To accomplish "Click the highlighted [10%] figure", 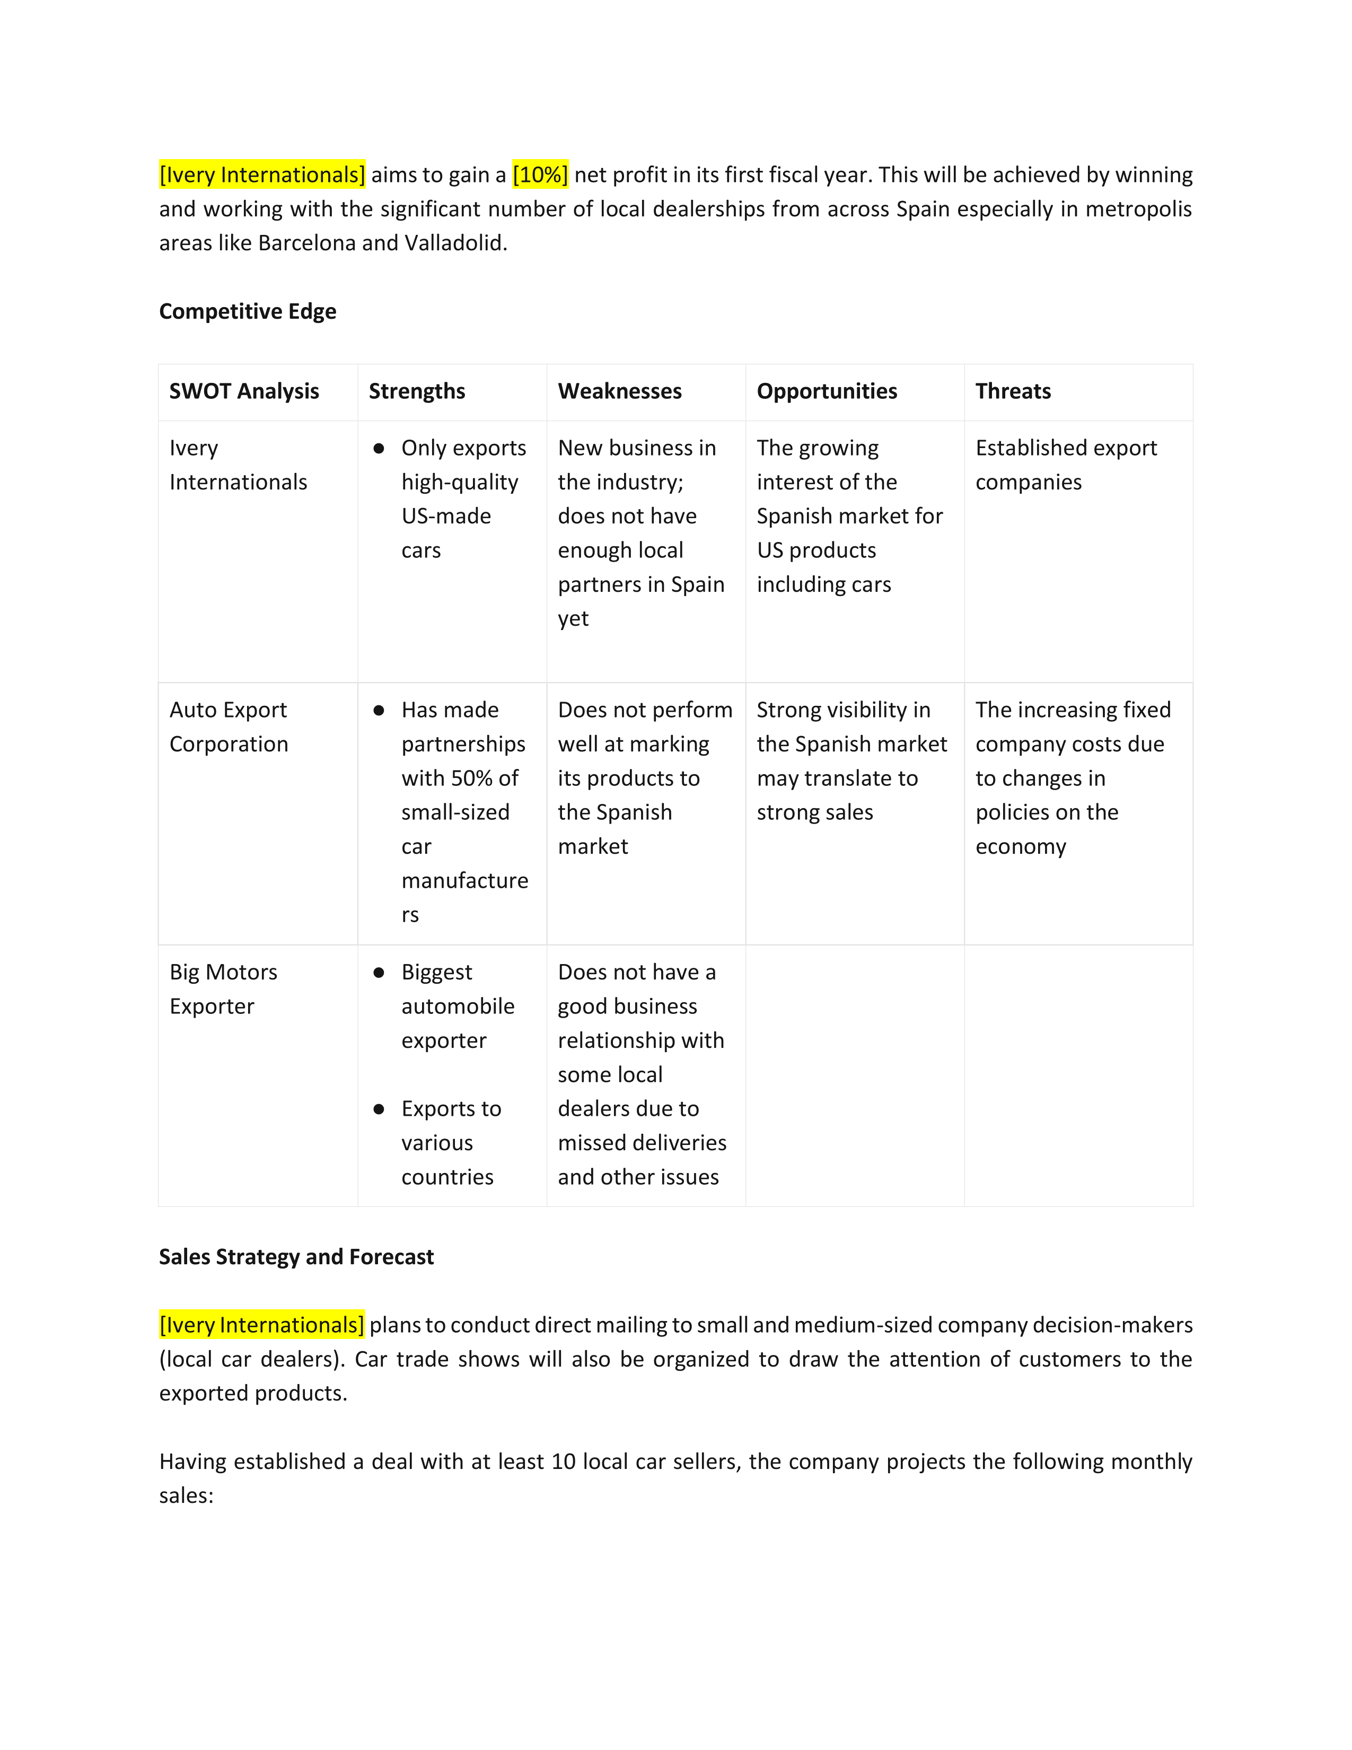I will (540, 174).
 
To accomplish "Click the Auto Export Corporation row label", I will (229, 727).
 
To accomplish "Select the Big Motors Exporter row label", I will (223, 989).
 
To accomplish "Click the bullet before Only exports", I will (379, 449).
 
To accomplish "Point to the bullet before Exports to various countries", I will (379, 1109).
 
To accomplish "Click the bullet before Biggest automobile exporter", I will (379, 973).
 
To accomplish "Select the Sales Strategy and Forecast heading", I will (296, 1256).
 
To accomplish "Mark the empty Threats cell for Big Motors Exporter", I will (1078, 1075).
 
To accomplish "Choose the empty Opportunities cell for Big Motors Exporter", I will (855, 1075).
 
